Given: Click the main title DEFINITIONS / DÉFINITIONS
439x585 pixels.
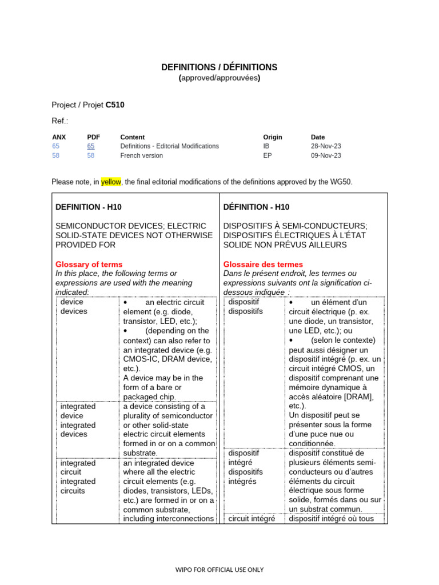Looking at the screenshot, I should pos(219,67).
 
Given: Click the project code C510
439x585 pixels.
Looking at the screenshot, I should pos(115,105).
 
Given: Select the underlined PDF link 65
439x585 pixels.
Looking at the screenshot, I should pos(90,146).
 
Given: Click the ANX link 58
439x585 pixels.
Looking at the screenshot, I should pos(55,155).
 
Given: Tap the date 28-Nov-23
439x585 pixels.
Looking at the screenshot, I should pos(326,146).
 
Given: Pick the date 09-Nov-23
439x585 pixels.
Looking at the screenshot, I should pos(326,155).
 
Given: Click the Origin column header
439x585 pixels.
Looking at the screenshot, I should pos(273,137).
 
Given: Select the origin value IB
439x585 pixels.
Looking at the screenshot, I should pos(266,146).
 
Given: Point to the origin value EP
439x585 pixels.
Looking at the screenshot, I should pos(267,155).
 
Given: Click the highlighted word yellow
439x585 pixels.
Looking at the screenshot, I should pos(111,182).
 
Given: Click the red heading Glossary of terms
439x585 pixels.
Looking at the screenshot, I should pos(89,264).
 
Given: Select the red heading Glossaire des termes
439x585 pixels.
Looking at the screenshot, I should pos(263,264).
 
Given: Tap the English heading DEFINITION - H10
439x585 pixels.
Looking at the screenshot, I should pos(88,207).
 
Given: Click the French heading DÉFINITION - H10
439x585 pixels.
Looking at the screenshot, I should pos(256,207).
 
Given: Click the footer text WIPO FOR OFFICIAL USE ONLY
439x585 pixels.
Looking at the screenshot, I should pos(219,570).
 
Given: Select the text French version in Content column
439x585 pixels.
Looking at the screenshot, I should pos(141,155).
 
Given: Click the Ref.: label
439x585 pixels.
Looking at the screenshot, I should pos(60,121).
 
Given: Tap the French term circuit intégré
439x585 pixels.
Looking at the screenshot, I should pos(252,519).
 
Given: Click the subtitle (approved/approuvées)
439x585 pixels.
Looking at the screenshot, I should pos(219,78).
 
